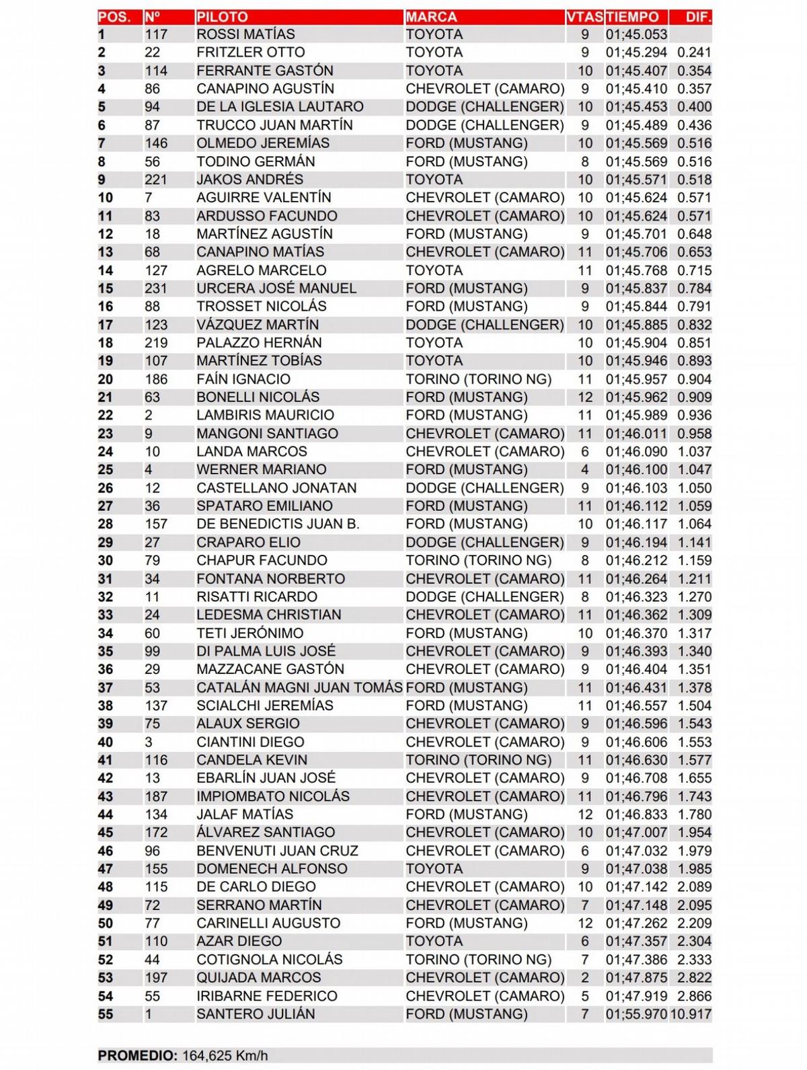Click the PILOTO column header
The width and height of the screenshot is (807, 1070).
coord(222,17)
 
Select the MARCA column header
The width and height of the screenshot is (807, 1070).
coord(431,17)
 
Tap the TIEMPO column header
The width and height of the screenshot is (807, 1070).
coord(631,17)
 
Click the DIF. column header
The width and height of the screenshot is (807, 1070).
coord(698,17)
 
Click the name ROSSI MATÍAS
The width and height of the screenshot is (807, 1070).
coord(245,34)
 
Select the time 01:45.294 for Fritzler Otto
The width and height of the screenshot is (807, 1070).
coord(636,52)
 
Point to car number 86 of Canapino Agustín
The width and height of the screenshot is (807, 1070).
coord(153,89)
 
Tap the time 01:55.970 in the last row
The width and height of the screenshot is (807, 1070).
coord(636,1014)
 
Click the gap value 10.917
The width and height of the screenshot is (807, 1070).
coord(691,1014)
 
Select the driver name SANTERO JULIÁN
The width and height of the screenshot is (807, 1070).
coord(256,1014)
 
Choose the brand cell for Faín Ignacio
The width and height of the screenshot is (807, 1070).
coord(478,379)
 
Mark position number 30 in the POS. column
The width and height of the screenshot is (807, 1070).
coord(106,560)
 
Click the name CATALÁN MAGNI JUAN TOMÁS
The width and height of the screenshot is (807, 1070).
coord(299,687)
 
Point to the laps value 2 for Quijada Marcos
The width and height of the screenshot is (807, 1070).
coord(584,978)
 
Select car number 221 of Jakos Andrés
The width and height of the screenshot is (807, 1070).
coord(156,180)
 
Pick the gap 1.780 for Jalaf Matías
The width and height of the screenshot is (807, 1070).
coord(694,814)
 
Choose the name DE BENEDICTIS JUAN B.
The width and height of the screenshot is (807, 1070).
coord(278,524)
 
